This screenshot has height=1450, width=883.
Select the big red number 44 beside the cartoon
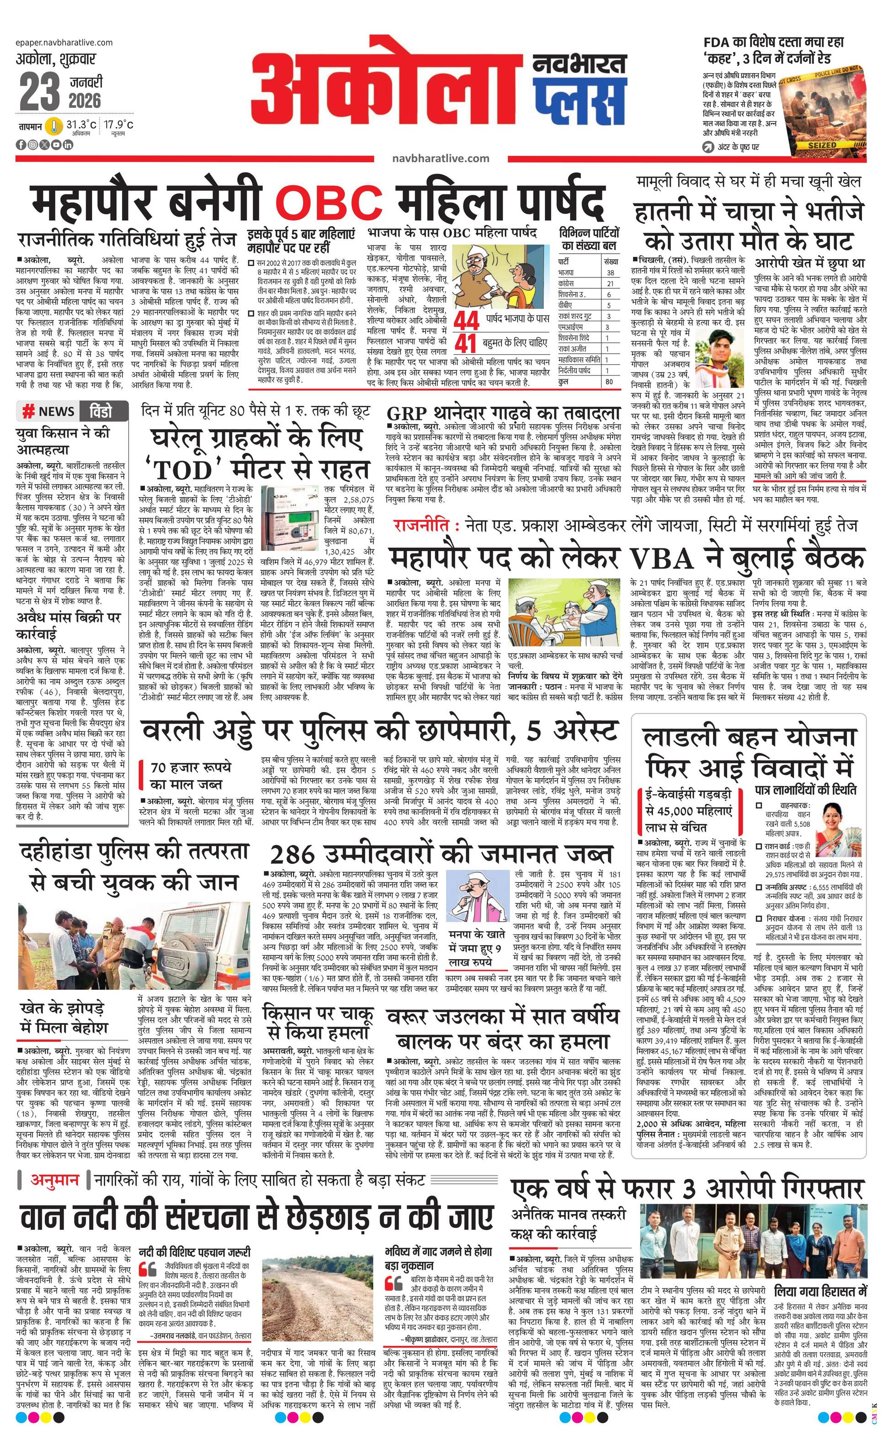[466, 321]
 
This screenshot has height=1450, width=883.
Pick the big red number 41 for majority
[466, 342]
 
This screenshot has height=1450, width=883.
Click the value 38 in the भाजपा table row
[610, 272]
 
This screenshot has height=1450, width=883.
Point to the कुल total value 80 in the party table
[609, 381]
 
